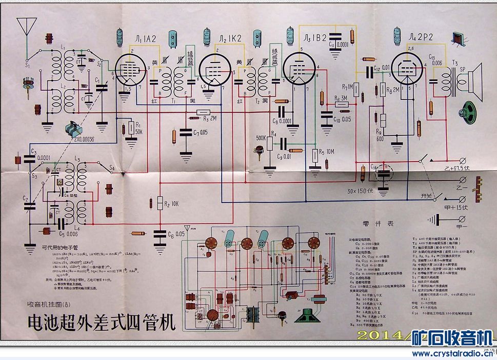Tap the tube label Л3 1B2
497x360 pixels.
coord(312,38)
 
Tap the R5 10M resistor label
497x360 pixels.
coord(326,151)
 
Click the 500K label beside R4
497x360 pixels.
coord(262,138)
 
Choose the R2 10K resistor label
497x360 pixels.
coord(171,204)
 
